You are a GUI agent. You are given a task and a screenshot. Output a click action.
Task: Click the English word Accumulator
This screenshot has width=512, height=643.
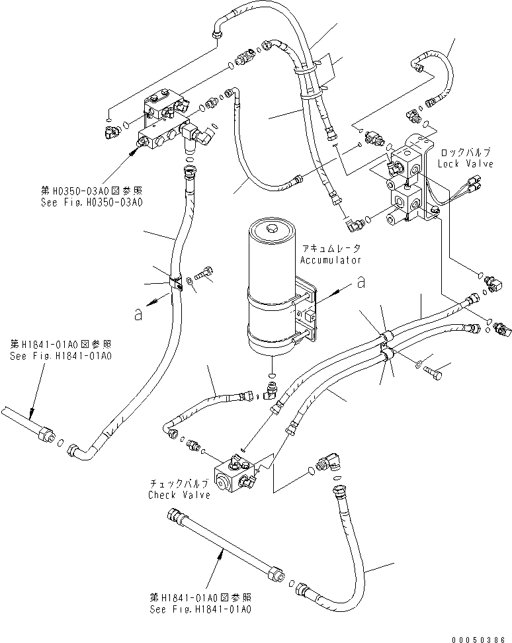coord(330,260)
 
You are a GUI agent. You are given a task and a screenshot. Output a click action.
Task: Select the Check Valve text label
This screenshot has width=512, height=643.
coord(179,495)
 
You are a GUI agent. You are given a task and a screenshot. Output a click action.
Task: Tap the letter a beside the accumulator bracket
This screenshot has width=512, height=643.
coord(361,282)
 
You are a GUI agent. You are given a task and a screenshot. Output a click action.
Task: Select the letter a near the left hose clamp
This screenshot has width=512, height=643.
coord(138,315)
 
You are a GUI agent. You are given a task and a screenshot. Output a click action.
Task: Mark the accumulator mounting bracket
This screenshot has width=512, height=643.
coord(308,311)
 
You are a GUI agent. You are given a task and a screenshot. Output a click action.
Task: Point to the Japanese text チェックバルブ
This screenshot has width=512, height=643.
coord(179,484)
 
